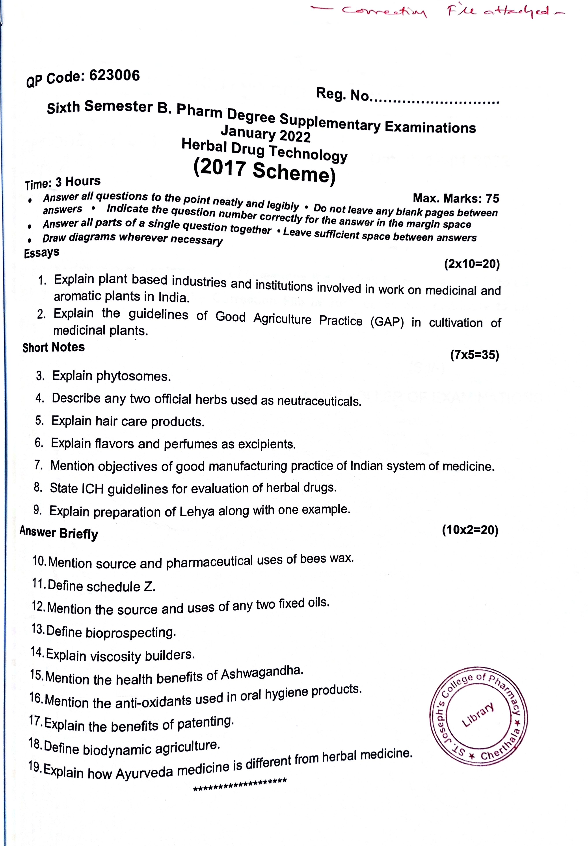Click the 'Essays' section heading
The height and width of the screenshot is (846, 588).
point(42,253)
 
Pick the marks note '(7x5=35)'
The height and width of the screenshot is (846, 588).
point(474,355)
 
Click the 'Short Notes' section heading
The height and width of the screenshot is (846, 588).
point(54,347)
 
